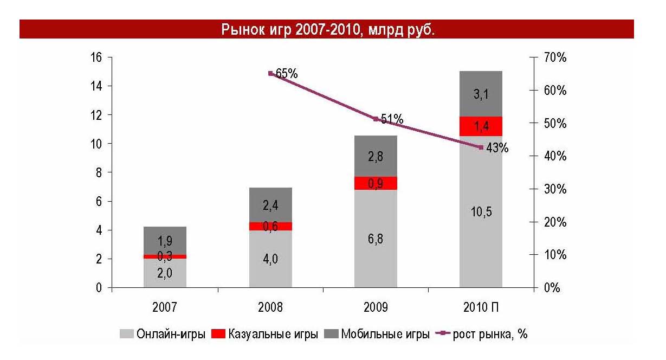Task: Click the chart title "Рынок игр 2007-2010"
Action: pyautogui.click(x=328, y=29)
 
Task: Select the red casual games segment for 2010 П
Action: pyautogui.click(x=481, y=126)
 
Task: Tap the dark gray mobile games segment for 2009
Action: pyautogui.click(x=376, y=156)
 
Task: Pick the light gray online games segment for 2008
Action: pyautogui.click(x=270, y=259)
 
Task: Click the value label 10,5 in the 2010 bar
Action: pyautogui.click(x=480, y=212)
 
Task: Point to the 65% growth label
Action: pyautogui.click(x=286, y=73)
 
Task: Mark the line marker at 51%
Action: pyautogui.click(x=376, y=119)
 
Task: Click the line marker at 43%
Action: pyautogui.click(x=481, y=147)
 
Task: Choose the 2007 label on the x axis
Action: pyautogui.click(x=165, y=306)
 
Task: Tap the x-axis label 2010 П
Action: pyautogui.click(x=481, y=306)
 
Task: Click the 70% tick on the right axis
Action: pyautogui.click(x=555, y=57)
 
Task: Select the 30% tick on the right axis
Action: pyautogui.click(x=555, y=189)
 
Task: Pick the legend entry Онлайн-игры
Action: pyautogui.click(x=163, y=334)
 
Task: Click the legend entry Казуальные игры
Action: pyautogui.click(x=265, y=334)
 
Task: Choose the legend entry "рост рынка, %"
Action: pyautogui.click(x=483, y=334)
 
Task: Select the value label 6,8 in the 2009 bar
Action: pyautogui.click(x=375, y=239)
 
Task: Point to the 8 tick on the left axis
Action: pyautogui.click(x=100, y=172)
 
